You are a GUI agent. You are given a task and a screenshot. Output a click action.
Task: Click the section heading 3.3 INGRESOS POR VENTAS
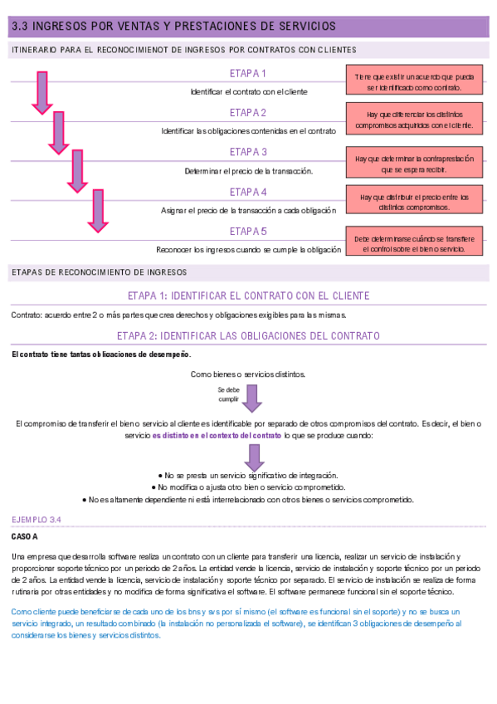174,27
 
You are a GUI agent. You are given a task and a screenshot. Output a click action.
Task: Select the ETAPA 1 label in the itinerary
248,74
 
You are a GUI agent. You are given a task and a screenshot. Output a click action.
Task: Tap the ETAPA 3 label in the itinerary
248,152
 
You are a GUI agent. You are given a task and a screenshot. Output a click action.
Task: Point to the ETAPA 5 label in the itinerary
248,231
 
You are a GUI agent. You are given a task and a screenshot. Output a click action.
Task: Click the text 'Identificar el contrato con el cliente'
248,91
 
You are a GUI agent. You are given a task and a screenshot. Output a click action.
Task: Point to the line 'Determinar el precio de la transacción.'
248,171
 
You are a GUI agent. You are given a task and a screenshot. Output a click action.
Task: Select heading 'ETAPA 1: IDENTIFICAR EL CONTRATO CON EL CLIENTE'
248,296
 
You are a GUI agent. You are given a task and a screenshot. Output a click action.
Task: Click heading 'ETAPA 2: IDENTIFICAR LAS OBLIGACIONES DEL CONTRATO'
248,336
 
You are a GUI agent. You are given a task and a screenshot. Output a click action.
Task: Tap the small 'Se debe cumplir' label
228,394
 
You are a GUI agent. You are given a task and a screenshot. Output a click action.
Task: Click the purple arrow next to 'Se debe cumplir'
253,397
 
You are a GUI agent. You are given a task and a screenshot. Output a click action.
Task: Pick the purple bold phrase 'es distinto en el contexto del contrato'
217,435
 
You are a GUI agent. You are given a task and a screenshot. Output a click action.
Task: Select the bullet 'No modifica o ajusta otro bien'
248,486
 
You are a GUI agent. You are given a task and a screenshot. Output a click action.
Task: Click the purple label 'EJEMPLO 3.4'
37,519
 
